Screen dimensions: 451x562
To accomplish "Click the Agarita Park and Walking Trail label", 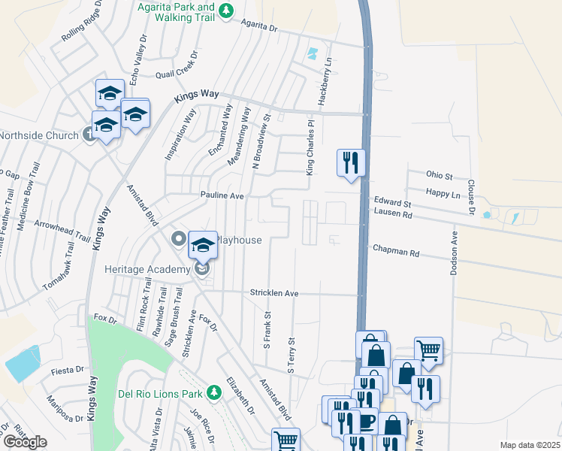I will click(176, 12).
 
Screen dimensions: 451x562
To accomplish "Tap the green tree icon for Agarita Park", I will click(231, 10).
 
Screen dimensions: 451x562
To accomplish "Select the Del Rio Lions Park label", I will click(160, 392).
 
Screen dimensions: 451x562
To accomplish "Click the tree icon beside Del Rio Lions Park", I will click(213, 392).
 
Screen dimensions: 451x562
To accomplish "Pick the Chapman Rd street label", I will click(395, 253).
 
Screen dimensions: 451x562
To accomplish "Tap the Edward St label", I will click(392, 203).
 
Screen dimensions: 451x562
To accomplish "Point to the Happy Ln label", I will click(443, 193).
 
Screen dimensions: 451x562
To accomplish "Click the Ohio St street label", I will click(440, 176).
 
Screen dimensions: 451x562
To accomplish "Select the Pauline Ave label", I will click(222, 195).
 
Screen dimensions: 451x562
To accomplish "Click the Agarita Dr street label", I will click(259, 26).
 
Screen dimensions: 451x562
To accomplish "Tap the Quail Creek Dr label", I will click(176, 74).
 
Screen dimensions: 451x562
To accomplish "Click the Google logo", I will click(25, 442).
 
